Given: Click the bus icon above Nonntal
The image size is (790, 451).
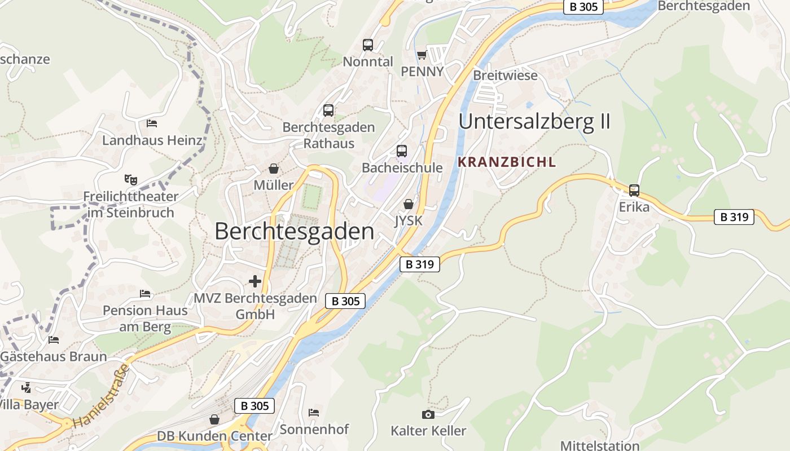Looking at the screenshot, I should pos(368,45).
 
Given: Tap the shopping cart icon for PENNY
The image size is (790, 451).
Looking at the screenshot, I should pos(422,55).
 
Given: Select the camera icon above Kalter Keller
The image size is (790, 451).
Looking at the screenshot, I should pos(428,415).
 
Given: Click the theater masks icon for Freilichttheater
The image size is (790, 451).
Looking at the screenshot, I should pos(131,180).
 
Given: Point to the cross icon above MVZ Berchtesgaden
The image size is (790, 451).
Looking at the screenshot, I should pos(255,281).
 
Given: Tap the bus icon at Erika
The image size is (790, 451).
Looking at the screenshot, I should pos(634,191).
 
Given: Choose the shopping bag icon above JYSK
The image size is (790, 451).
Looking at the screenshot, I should pos(409,204).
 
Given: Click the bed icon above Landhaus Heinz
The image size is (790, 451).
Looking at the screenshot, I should pos(152,123).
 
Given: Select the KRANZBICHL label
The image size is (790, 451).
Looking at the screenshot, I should pos(507,162).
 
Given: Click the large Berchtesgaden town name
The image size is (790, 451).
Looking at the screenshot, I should pos(294,232).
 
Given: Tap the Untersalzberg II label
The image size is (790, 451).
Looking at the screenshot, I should pos(534,122).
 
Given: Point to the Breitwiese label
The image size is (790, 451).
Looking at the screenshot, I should pos(505,76).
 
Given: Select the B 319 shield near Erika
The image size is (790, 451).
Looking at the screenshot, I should pos(734,217).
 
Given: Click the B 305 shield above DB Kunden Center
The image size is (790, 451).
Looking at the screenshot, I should pos(254,406).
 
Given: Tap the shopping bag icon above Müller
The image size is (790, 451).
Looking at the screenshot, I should pos(274,169).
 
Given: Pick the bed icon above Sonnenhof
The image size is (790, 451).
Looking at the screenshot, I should pos(314,413).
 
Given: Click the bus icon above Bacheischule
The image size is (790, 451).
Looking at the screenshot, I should pos(402,151).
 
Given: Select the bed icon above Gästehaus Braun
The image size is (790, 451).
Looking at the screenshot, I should pos(54,340).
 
